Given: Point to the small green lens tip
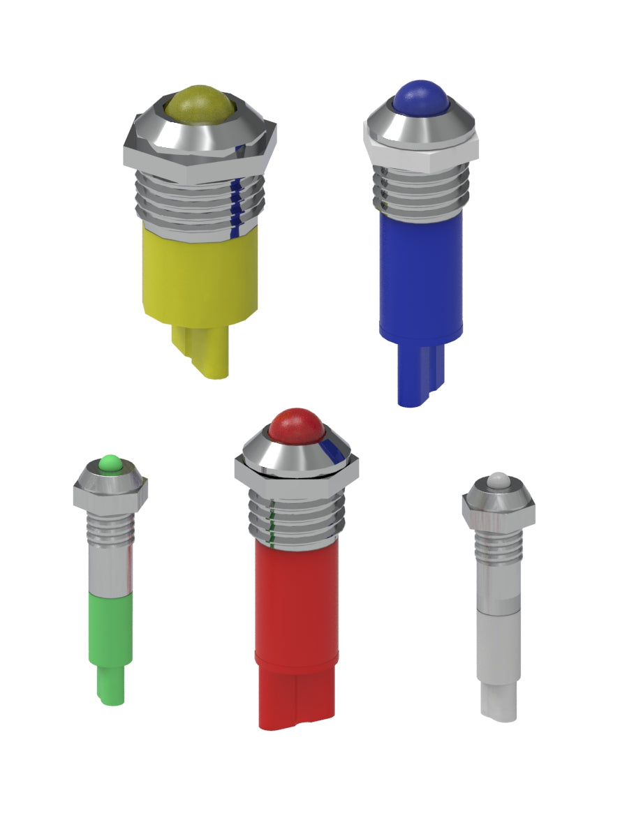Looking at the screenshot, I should click(x=110, y=462).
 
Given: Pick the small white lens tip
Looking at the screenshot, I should click(x=498, y=480).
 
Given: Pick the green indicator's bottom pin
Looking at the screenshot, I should click(x=111, y=684).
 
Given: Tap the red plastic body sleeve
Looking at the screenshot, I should click(x=297, y=600).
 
